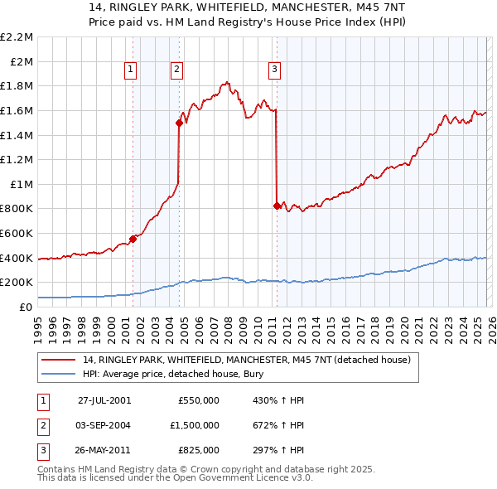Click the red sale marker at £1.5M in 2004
point(178,123)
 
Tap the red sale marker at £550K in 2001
point(133,239)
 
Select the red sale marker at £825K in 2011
point(276,206)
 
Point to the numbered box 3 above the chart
point(275,70)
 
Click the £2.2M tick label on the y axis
point(17,37)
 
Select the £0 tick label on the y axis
point(27,307)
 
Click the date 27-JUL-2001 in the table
point(104,399)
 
